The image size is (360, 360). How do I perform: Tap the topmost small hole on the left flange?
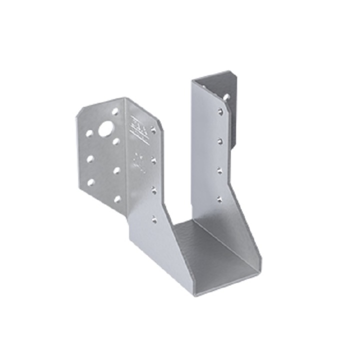pos(115,112)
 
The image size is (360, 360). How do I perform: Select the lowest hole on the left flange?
pos(117,199)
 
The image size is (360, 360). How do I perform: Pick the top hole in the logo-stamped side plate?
pos(153,130)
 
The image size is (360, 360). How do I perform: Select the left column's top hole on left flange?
pos(89,134)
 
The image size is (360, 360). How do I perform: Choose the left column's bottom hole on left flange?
pos(90,182)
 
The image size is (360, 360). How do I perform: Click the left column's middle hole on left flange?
pos(90,159)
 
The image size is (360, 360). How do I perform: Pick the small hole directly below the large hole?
pos(116,141)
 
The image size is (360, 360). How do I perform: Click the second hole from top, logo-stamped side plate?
pos(153,160)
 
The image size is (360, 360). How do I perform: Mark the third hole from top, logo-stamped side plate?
pos(154,190)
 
